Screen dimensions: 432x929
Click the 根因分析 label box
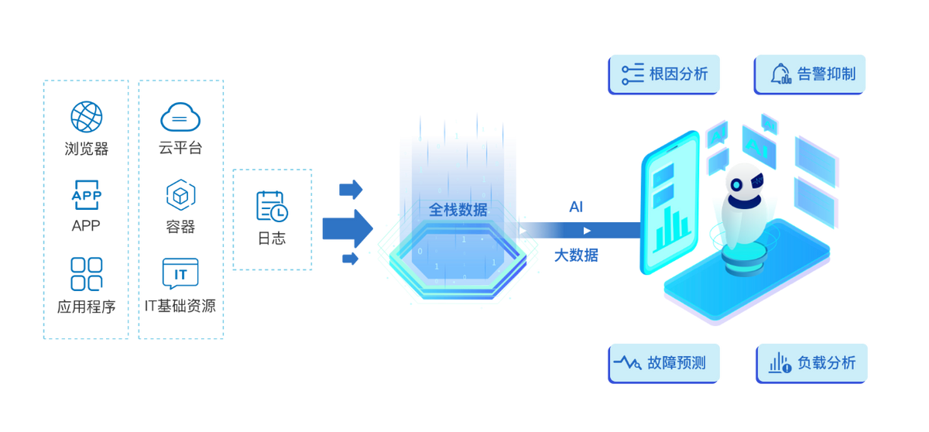[664, 74]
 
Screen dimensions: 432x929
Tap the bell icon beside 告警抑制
[780, 74]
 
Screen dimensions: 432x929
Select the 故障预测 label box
[664, 362]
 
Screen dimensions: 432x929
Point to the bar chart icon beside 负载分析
[779, 362]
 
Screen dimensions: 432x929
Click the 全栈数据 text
[458, 209]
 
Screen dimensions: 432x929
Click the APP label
[86, 225]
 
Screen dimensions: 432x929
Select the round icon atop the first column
[86, 116]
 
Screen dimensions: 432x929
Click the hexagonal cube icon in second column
[180, 194]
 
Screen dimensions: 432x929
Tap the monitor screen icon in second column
[180, 273]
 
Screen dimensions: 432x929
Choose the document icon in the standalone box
[272, 205]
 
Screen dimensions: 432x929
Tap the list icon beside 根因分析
[632, 74]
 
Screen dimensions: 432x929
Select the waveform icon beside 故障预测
[627, 362]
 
